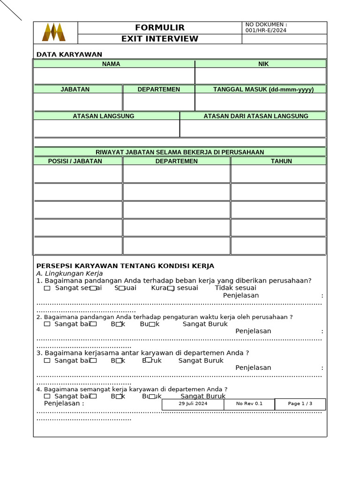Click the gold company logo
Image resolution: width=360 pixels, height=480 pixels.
tap(54, 32)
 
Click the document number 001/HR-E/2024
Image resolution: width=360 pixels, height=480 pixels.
tap(266, 30)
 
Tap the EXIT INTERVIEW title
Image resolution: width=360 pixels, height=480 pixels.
tap(159, 39)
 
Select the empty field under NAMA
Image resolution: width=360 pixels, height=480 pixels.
tap(114, 76)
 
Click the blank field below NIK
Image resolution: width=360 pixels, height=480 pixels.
tap(261, 76)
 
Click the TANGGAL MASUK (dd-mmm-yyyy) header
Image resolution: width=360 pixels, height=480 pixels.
tap(263, 89)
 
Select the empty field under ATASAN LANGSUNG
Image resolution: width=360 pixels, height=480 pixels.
tap(106, 128)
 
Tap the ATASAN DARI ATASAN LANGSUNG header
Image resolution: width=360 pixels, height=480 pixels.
tap(256, 116)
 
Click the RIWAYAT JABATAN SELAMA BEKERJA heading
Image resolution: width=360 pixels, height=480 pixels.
tap(180, 152)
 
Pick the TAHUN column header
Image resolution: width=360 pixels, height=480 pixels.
tap(281, 161)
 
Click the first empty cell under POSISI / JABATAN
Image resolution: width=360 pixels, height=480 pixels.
tap(78, 173)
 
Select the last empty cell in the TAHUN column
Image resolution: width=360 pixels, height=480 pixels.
tap(278, 246)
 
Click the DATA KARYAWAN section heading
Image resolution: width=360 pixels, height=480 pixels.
tap(69, 54)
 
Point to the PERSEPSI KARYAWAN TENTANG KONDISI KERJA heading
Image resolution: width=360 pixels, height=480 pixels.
tap(125, 266)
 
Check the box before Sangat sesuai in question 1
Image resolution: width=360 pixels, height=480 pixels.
tap(47, 288)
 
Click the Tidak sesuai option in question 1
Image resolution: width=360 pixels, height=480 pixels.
tap(235, 288)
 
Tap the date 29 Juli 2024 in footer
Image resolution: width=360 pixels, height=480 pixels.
tap(193, 404)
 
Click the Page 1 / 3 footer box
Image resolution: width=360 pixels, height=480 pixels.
tap(300, 404)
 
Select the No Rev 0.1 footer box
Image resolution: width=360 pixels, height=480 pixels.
tap(249, 404)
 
